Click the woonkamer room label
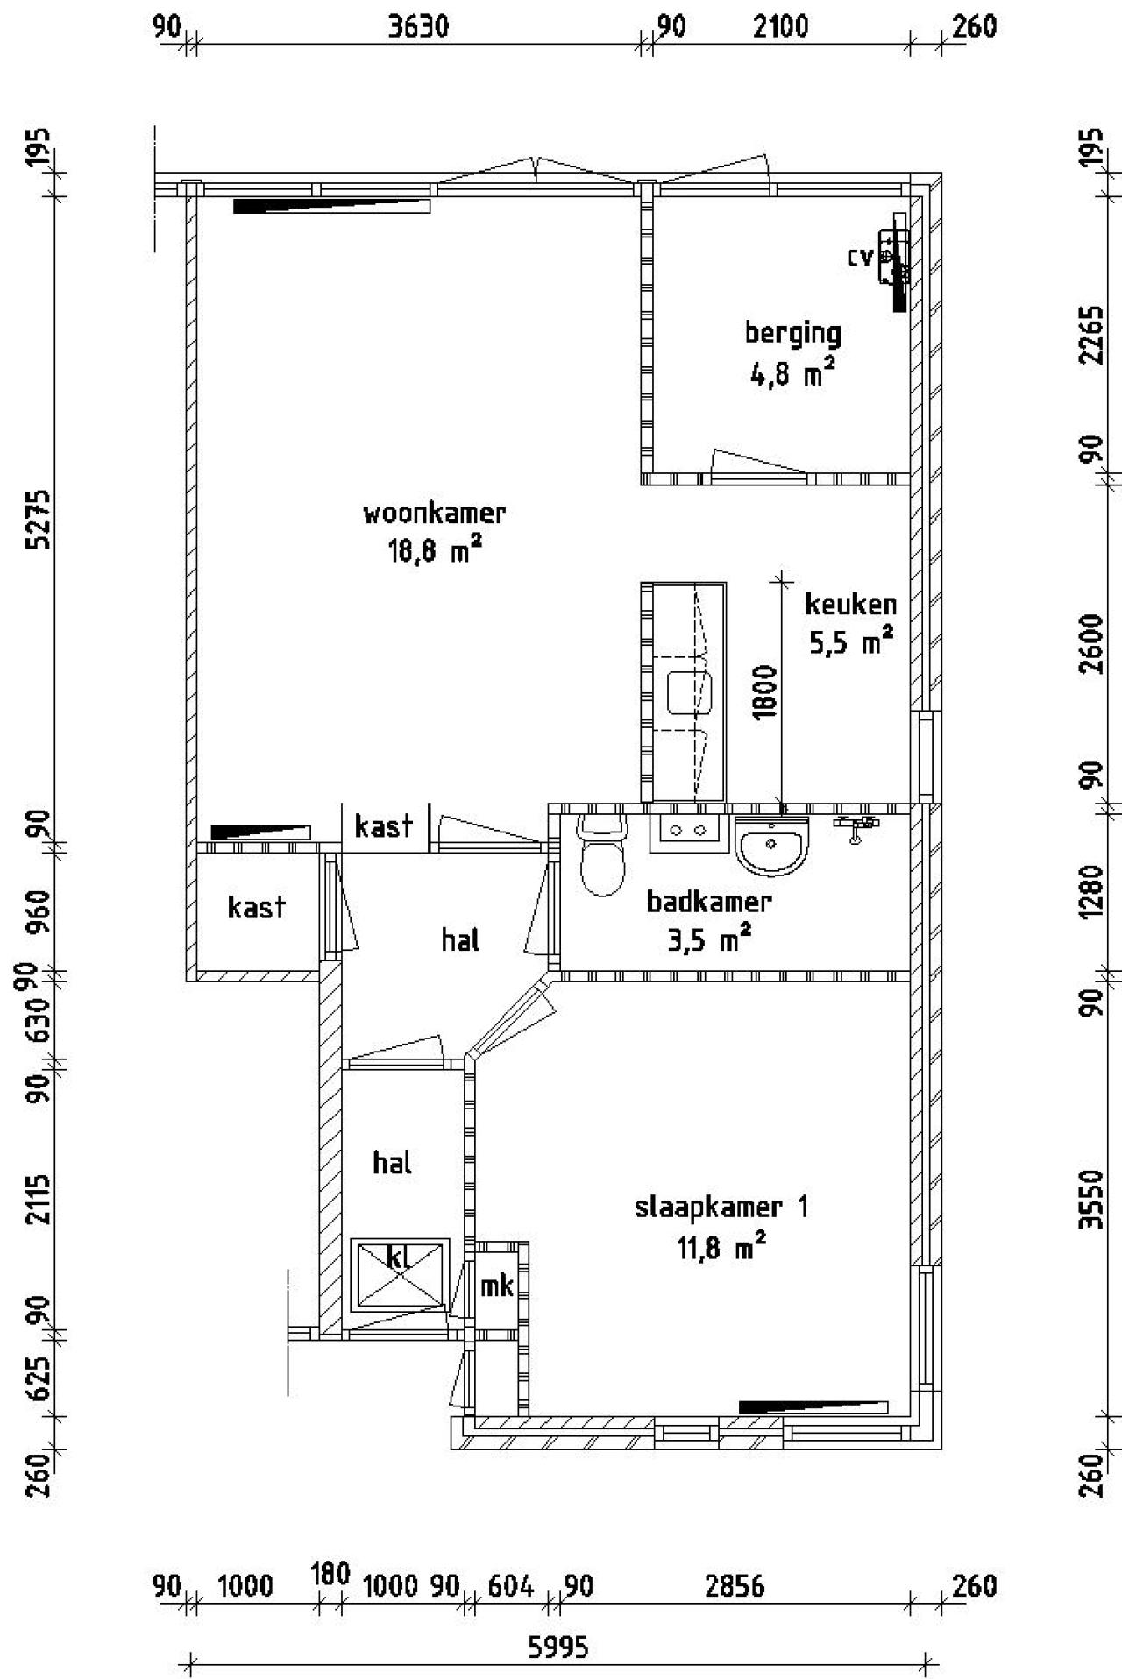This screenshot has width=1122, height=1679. pyautogui.click(x=434, y=513)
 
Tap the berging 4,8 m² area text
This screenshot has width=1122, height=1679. pyautogui.click(x=792, y=376)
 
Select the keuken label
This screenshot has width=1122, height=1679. pyautogui.click(x=850, y=605)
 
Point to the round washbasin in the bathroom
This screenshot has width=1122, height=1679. pyautogui.click(x=771, y=846)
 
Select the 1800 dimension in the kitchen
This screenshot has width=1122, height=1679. pyautogui.click(x=765, y=691)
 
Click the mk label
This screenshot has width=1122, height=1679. pyautogui.click(x=496, y=1286)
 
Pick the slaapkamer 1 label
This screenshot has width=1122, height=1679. pyautogui.click(x=721, y=1207)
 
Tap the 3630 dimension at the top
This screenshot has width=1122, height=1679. pyautogui.click(x=418, y=27)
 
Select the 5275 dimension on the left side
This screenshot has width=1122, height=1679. pyautogui.click(x=39, y=519)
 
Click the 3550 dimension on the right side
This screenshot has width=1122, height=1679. pyautogui.click(x=1090, y=1200)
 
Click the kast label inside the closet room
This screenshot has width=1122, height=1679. pyautogui.click(x=256, y=907)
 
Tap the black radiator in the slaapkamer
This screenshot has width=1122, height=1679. pyautogui.click(x=813, y=1406)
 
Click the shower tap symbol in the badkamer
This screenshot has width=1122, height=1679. pyautogui.click(x=856, y=826)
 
